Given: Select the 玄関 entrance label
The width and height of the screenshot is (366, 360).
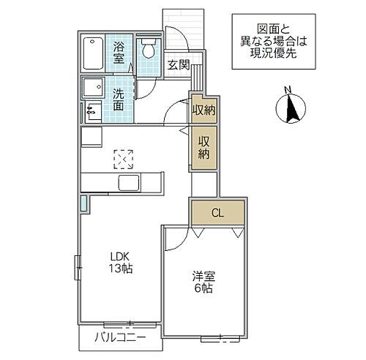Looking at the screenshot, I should (177, 64).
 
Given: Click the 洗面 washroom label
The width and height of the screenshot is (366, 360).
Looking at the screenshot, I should (119, 100).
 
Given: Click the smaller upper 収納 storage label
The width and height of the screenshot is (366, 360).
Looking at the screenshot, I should (203, 110).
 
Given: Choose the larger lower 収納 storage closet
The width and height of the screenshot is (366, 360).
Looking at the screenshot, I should (203, 148).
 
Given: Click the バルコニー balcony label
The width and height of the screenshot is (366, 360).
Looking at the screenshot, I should (120, 337).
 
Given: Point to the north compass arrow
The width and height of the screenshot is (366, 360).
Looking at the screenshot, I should (291, 110).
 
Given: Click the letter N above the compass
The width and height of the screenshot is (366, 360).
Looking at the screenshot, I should (288, 90).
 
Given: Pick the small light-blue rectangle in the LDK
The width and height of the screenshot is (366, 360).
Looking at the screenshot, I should (85, 203).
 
